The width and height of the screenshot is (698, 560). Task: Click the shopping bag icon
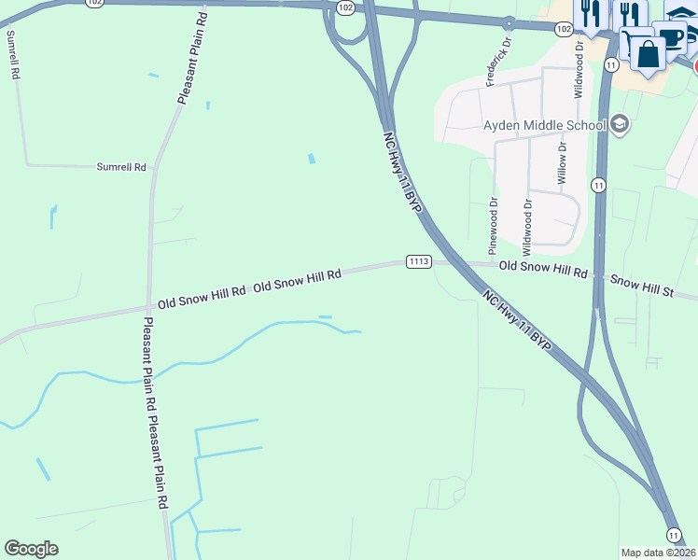[x=648, y=52]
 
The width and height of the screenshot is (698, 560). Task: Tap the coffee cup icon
[x=670, y=37]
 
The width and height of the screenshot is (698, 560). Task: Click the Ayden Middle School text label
[x=544, y=125]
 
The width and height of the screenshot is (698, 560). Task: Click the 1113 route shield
[x=418, y=261]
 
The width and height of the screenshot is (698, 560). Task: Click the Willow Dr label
[x=562, y=163]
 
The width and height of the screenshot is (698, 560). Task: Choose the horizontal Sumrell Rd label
[x=121, y=167]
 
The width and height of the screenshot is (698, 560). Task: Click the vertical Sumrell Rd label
[x=13, y=54]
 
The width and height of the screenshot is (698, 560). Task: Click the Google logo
[x=31, y=549]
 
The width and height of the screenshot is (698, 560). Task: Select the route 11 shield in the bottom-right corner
[x=673, y=534]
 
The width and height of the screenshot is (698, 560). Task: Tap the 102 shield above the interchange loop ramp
[x=345, y=7]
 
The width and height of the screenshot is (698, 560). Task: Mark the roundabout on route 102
[x=510, y=23]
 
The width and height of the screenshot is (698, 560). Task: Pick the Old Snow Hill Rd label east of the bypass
[x=543, y=267]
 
